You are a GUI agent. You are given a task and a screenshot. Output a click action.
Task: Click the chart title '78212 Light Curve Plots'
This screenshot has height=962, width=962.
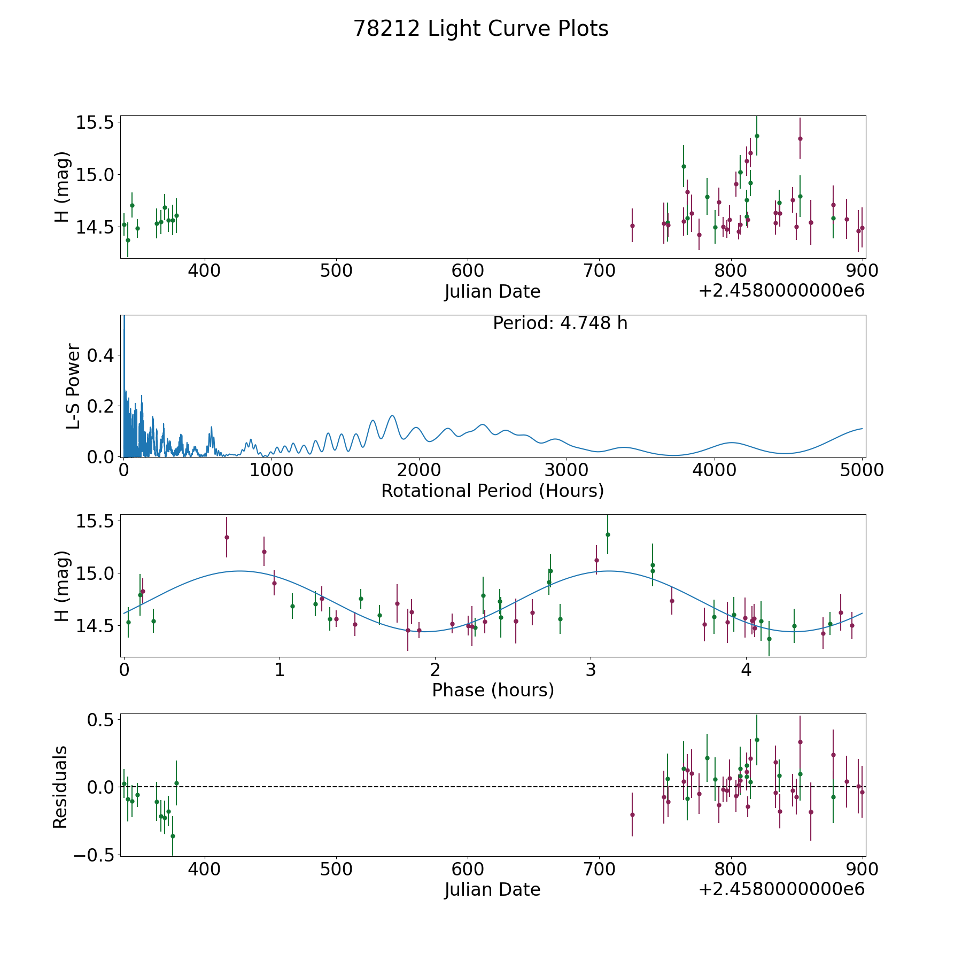(480, 29)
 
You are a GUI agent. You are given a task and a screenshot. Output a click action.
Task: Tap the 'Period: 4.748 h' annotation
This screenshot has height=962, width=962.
(560, 323)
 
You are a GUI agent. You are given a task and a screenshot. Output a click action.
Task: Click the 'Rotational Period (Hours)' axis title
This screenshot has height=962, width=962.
(492, 491)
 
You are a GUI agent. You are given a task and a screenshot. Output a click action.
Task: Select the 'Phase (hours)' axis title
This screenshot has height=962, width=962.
(492, 690)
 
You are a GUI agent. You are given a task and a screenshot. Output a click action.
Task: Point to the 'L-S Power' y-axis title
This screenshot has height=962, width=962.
(73, 386)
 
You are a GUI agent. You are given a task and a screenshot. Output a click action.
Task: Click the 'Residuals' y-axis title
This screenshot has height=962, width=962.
(60, 787)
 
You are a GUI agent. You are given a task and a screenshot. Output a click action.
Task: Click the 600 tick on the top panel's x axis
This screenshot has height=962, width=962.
(468, 271)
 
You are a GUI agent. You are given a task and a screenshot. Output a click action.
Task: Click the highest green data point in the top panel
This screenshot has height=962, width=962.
(757, 136)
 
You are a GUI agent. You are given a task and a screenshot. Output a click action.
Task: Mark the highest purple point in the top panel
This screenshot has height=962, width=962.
(800, 138)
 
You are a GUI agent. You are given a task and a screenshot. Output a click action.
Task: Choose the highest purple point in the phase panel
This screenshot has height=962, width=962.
(227, 537)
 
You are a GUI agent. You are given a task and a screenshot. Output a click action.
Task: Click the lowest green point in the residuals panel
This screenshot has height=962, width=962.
(173, 836)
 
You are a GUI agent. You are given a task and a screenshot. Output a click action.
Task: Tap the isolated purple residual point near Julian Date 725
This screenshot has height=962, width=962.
(632, 814)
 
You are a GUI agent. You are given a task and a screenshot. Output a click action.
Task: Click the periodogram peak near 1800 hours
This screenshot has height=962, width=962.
(392, 416)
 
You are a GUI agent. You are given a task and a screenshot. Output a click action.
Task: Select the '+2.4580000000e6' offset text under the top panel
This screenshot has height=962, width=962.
(781, 291)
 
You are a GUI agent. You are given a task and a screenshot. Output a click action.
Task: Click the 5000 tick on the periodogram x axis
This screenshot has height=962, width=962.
(862, 470)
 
